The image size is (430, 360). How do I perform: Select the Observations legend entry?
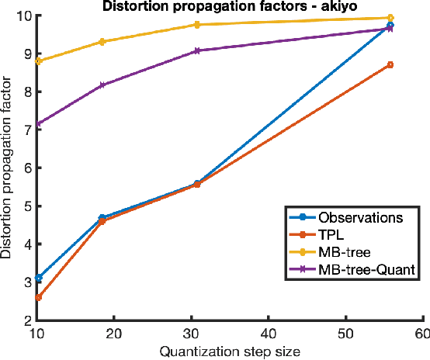click(360, 217)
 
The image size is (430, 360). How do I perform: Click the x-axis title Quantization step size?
click(229, 351)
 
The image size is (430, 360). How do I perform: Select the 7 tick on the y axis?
click(27, 130)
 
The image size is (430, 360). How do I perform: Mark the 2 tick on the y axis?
click(27, 320)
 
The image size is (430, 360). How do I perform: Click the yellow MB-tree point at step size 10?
click(38, 61)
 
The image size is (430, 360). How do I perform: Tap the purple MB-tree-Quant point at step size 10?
click(38, 123)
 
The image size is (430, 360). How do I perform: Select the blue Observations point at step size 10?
click(38, 277)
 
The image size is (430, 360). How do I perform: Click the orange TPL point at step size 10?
click(38, 297)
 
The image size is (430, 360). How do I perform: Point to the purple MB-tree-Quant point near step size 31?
click(197, 50)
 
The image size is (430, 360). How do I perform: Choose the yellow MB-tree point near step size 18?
click(102, 41)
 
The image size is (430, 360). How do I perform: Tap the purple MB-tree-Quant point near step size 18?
click(102, 85)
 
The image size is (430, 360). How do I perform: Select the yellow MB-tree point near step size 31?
click(197, 25)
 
